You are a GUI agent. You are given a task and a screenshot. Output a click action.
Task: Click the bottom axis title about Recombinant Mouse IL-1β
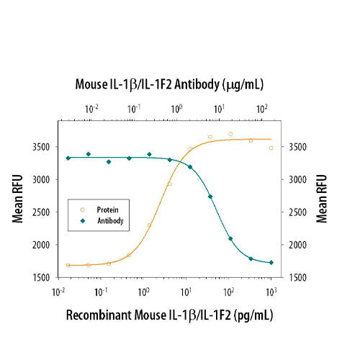point(169,315)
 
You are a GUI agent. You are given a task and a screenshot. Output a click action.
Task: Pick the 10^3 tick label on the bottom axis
point(271,291)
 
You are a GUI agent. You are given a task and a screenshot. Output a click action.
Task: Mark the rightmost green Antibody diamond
point(271,263)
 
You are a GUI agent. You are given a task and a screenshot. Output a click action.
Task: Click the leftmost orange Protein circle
point(68,265)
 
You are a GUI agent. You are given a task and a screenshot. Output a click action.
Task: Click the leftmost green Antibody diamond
point(68,158)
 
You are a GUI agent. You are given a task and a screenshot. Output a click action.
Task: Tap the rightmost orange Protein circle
point(271,148)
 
